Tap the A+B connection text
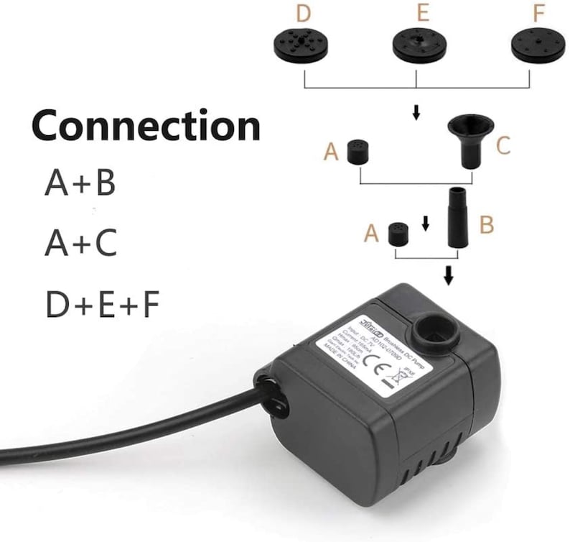coord(80,183)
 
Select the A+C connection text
coord(80,244)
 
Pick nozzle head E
coord(417,45)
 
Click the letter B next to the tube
coord(487,224)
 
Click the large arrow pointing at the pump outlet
coord(449,275)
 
